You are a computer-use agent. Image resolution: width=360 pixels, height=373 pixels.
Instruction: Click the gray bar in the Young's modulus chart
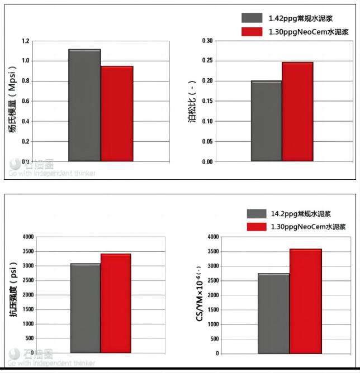[x=84, y=106]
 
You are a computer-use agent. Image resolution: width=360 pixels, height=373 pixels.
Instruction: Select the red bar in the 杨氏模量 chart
[x=117, y=114]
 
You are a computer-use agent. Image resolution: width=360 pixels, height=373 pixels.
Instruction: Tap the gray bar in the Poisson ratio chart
[x=266, y=121]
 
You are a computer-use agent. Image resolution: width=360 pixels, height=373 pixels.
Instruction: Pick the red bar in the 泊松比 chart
[x=297, y=112]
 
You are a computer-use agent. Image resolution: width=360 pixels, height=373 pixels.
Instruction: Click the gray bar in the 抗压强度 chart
[x=86, y=308]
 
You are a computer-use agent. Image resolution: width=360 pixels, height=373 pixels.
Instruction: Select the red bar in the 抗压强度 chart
[x=116, y=303]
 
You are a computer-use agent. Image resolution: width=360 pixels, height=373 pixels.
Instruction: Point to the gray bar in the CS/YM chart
[x=273, y=313]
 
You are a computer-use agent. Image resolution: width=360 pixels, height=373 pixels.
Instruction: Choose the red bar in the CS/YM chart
[x=305, y=301]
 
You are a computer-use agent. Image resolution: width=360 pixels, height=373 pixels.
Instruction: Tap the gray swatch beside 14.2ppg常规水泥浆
[x=256, y=213]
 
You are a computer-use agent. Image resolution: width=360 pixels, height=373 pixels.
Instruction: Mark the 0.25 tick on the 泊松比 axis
[x=207, y=61]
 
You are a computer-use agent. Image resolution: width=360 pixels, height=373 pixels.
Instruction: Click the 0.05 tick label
[x=207, y=141]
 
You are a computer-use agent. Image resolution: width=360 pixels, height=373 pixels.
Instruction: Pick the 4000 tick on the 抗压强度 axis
[x=27, y=237]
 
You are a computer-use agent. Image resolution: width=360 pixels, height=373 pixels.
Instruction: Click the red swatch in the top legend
[x=252, y=32]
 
